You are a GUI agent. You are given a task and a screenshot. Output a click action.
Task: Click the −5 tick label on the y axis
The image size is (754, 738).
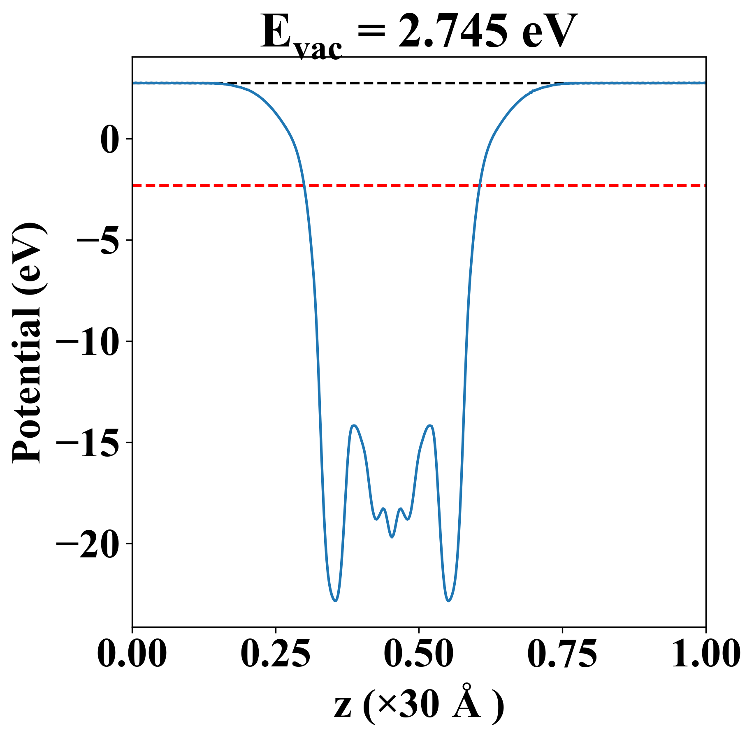[x=99, y=241]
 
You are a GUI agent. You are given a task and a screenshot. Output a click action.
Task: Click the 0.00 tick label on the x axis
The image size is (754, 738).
[x=132, y=653]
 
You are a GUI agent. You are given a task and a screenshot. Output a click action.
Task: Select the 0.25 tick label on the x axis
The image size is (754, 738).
[x=275, y=653]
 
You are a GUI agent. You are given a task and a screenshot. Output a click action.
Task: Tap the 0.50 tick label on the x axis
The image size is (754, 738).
[x=419, y=653]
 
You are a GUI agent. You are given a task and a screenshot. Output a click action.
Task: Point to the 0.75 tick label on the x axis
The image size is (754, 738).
[x=562, y=653]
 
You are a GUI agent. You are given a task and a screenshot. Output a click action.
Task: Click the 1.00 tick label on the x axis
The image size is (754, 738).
[x=705, y=653]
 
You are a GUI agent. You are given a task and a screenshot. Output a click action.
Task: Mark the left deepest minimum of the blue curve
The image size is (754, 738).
[x=336, y=601]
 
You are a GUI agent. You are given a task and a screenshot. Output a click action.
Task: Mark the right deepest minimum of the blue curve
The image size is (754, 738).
[x=449, y=601]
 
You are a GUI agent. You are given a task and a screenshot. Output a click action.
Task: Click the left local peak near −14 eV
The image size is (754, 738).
[x=354, y=425]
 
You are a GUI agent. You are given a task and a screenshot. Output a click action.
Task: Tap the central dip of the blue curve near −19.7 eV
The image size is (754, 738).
[x=392, y=537]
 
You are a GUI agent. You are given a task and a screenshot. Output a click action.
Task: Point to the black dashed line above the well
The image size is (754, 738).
[x=391, y=83]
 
